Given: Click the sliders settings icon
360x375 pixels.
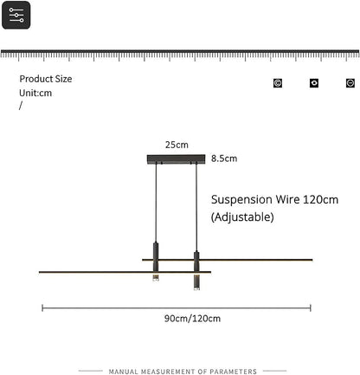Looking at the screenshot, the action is click(16, 15).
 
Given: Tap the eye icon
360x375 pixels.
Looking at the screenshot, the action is click(314, 83).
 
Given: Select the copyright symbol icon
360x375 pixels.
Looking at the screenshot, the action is click(278, 83).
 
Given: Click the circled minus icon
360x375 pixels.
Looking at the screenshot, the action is click(350, 83).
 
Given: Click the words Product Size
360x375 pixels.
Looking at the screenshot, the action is click(46, 79).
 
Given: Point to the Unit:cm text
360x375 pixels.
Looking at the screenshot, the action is click(35, 93).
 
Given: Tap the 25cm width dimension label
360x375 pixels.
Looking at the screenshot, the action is click(177, 145).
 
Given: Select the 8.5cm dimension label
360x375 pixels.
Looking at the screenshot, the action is click(224, 158).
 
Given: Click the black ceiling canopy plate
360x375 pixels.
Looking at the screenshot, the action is click(176, 159).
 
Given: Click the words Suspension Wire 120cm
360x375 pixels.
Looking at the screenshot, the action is click(274, 199).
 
